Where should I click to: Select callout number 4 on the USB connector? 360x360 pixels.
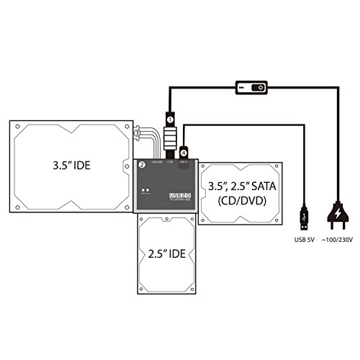[184, 152]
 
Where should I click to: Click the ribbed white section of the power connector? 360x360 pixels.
[171, 136]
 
